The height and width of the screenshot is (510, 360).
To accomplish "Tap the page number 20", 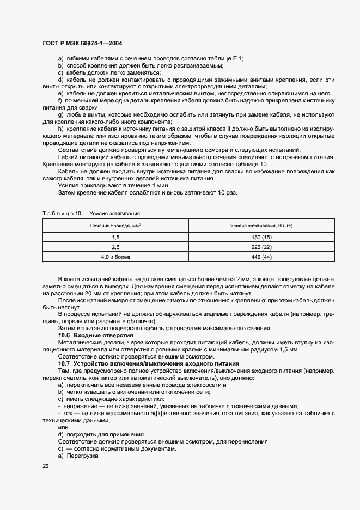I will [45, 466].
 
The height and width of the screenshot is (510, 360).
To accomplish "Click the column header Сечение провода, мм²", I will [115, 226].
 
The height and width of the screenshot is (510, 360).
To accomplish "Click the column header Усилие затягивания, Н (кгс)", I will [262, 226].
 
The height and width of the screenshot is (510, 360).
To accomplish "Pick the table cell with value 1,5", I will [115, 238].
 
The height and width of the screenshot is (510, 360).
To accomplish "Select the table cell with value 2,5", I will [115, 247].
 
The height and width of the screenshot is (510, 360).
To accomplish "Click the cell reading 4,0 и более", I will [115, 256].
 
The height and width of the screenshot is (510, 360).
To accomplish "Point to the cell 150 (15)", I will [262, 238].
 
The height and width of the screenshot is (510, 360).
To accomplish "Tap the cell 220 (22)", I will [262, 247].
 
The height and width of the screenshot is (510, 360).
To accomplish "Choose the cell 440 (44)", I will [262, 256].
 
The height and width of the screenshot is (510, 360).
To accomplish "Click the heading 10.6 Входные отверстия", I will [84, 335].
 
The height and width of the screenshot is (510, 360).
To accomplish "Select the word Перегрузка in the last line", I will [82, 455].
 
